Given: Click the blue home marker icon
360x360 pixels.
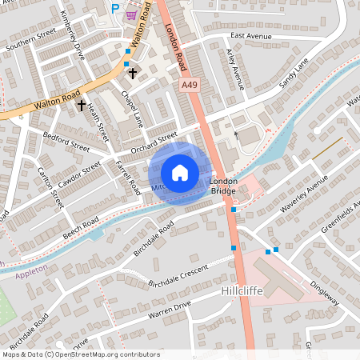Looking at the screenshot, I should [180, 172].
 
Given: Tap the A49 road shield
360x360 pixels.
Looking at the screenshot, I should [189, 84].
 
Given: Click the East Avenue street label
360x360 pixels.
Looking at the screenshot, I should [250, 36].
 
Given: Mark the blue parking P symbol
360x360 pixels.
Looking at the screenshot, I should [115, 8].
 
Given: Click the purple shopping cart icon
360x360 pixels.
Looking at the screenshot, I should [130, 14].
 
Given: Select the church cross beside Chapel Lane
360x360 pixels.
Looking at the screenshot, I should [133, 73].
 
